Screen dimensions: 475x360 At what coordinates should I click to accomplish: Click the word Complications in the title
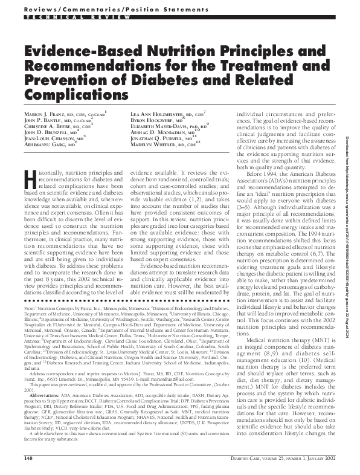coord(69,94)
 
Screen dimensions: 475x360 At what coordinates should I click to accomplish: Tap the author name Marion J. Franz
coord(46,115)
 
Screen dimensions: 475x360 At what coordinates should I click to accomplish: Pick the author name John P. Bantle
coord(43,121)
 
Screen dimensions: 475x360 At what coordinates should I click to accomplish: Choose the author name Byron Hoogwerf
coord(150,121)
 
